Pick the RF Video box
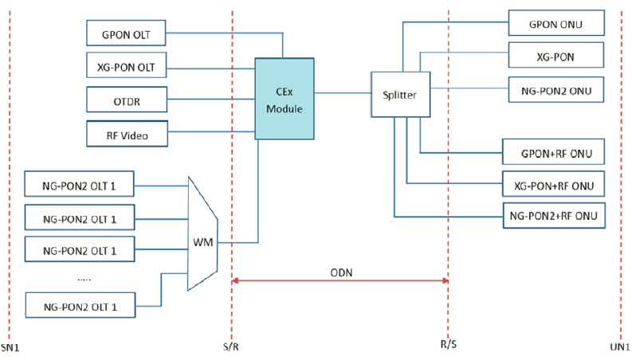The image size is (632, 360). [128, 135]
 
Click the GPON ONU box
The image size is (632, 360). [555, 24]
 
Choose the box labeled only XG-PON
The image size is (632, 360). [555, 57]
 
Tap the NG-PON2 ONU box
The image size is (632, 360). [555, 89]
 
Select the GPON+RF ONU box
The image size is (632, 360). [552, 152]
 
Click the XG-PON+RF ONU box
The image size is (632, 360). [552, 185]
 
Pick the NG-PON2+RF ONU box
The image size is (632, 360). [552, 215]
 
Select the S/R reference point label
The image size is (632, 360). [231, 347]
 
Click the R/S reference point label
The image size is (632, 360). [448, 347]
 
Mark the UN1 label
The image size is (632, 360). [621, 347]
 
